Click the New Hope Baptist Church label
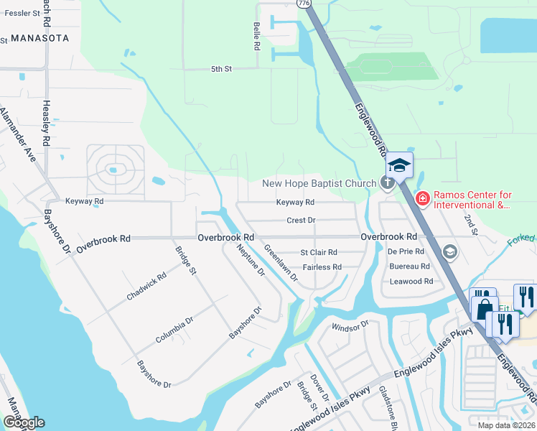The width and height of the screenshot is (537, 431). (x=319, y=183)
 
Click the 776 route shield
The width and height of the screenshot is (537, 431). (x=304, y=4)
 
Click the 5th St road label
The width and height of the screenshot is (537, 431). (x=221, y=69)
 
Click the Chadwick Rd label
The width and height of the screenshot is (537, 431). (x=146, y=285)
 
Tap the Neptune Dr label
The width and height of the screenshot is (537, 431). (x=251, y=260)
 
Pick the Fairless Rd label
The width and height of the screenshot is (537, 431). (x=322, y=267)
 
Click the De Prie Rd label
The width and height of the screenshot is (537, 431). (x=406, y=251)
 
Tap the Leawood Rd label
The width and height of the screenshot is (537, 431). (x=411, y=281)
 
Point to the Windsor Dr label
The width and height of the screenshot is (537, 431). (x=350, y=327)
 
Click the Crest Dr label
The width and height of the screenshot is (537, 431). (x=301, y=221)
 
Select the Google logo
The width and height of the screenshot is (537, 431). (x=24, y=422)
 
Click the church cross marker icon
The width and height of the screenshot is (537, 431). (x=388, y=182)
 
